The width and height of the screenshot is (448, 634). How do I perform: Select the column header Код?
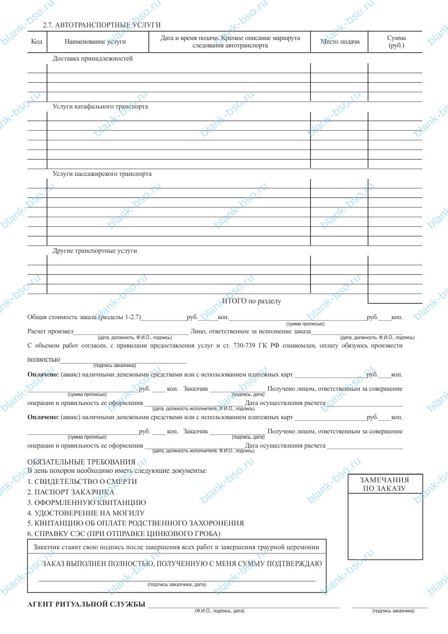pos(37,42)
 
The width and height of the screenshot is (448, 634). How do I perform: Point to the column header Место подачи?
pos(340,42)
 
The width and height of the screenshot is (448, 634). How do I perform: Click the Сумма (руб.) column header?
pos(396,42)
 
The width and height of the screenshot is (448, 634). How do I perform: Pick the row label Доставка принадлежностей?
pos(93,58)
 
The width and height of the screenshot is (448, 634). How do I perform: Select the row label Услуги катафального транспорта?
pos(100,106)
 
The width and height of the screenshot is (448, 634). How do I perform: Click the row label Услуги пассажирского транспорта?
pos(102,173)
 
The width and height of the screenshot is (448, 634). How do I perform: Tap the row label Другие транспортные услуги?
pos(95,251)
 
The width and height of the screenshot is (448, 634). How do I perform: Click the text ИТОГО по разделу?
pos(252,301)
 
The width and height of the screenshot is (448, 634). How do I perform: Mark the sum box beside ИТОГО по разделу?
pos(395,299)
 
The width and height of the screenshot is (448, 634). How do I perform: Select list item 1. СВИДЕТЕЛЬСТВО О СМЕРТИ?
pos(82,481)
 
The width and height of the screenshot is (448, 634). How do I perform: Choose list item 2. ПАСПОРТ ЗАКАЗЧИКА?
pos(71,492)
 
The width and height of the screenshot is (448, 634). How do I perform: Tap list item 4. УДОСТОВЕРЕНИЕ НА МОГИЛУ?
pos(86,512)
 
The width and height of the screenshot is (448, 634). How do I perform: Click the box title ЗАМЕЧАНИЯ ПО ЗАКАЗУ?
pos(384,484)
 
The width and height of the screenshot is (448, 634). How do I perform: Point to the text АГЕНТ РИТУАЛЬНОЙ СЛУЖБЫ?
pos(86,603)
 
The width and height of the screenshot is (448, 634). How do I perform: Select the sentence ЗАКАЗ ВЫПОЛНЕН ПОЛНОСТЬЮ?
pos(182,564)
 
